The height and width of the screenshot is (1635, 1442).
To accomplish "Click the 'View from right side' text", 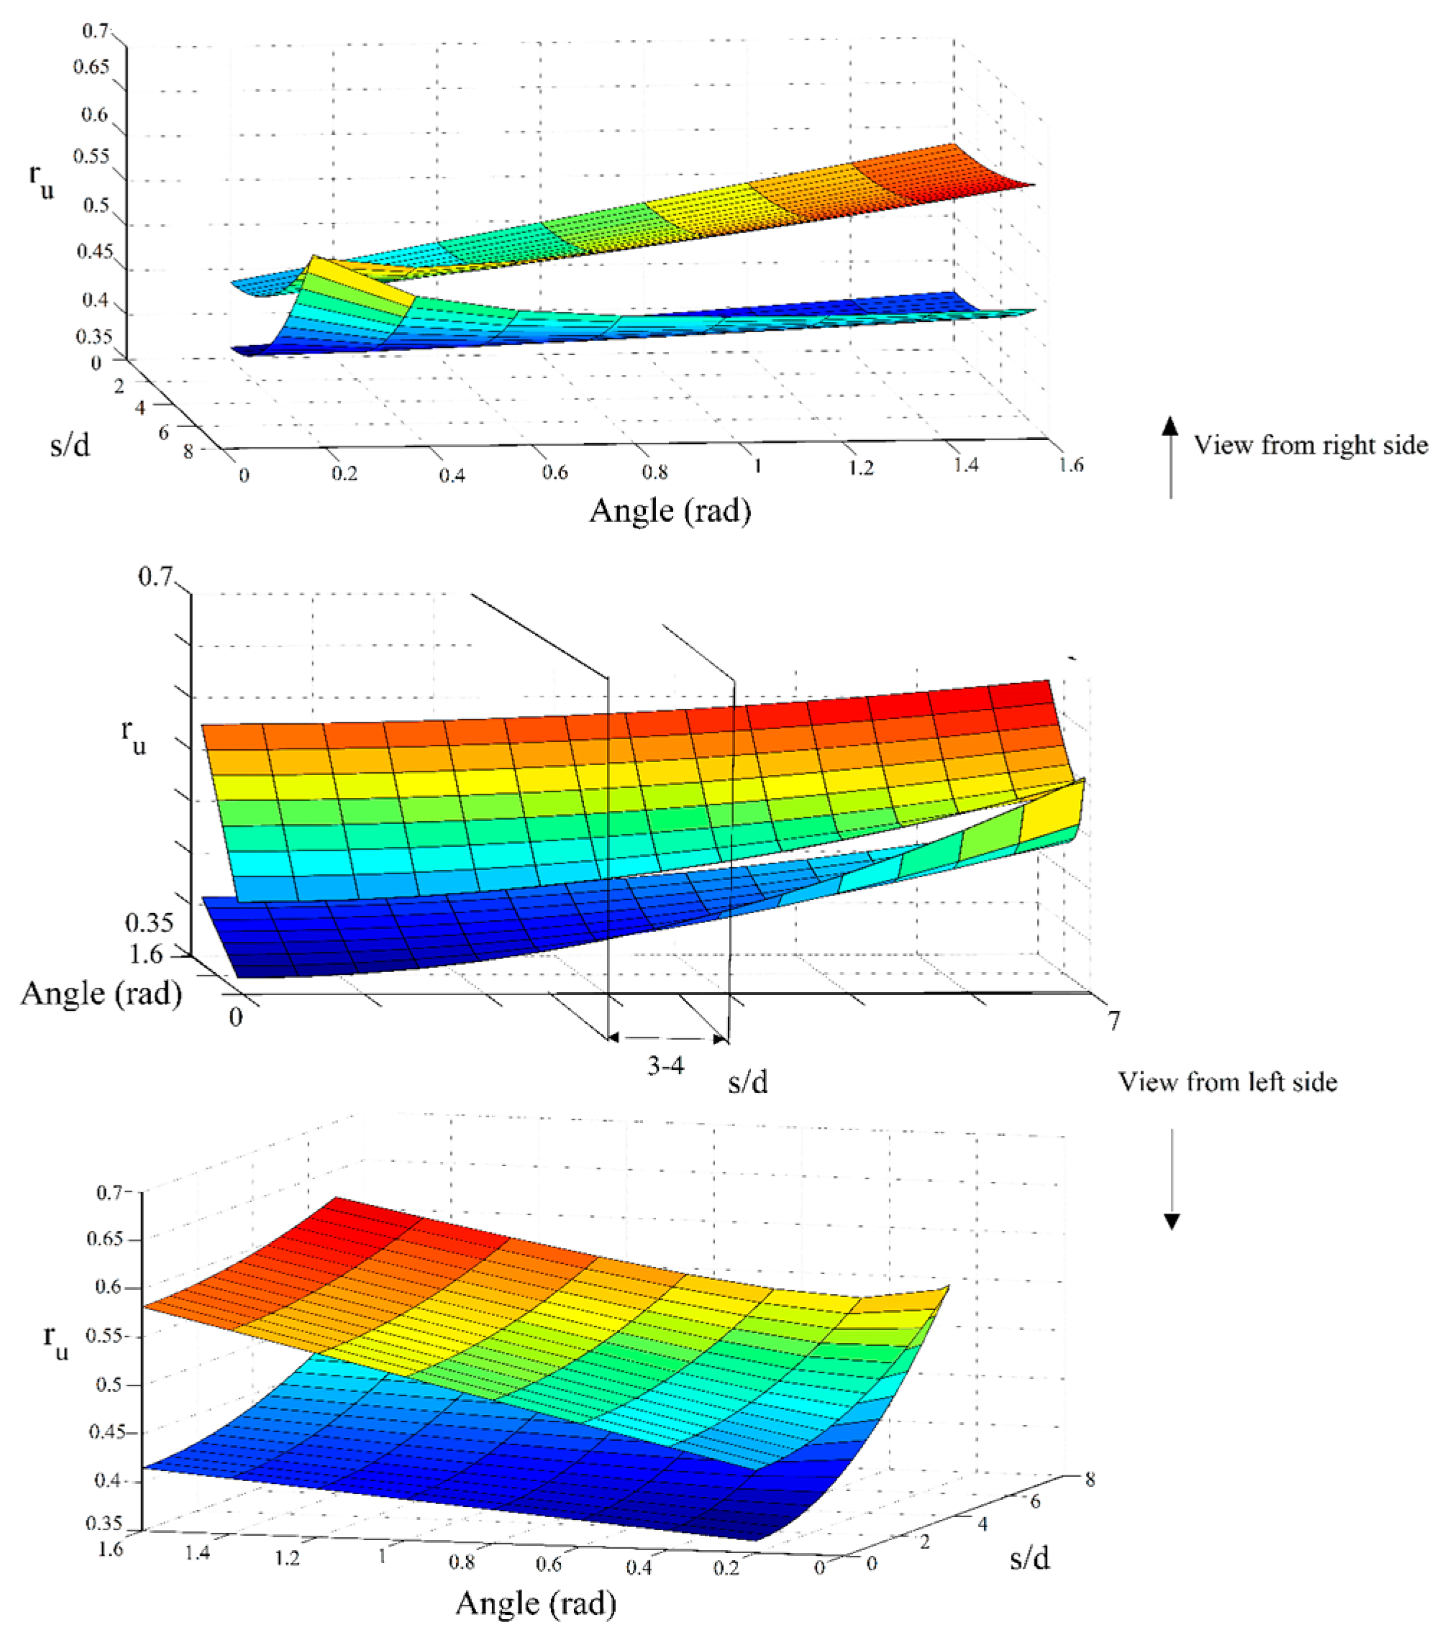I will [x=1310, y=445].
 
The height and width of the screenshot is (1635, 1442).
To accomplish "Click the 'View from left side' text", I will [x=1227, y=1082].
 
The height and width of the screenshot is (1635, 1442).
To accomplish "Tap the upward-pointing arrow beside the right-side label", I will [x=1171, y=457].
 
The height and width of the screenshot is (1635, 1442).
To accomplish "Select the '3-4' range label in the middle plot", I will [x=666, y=1066].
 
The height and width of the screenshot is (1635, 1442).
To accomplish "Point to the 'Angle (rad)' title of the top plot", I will [x=670, y=511].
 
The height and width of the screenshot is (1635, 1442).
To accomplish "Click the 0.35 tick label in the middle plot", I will [x=149, y=923].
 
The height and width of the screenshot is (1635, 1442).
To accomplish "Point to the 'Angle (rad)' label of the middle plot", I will [x=101, y=994].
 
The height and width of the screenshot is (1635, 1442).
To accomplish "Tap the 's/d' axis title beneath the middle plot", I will [x=747, y=1082].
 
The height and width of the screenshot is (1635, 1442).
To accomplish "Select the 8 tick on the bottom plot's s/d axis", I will [x=1089, y=1480].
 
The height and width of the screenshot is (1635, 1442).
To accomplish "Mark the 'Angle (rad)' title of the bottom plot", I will [x=535, y=1602].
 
